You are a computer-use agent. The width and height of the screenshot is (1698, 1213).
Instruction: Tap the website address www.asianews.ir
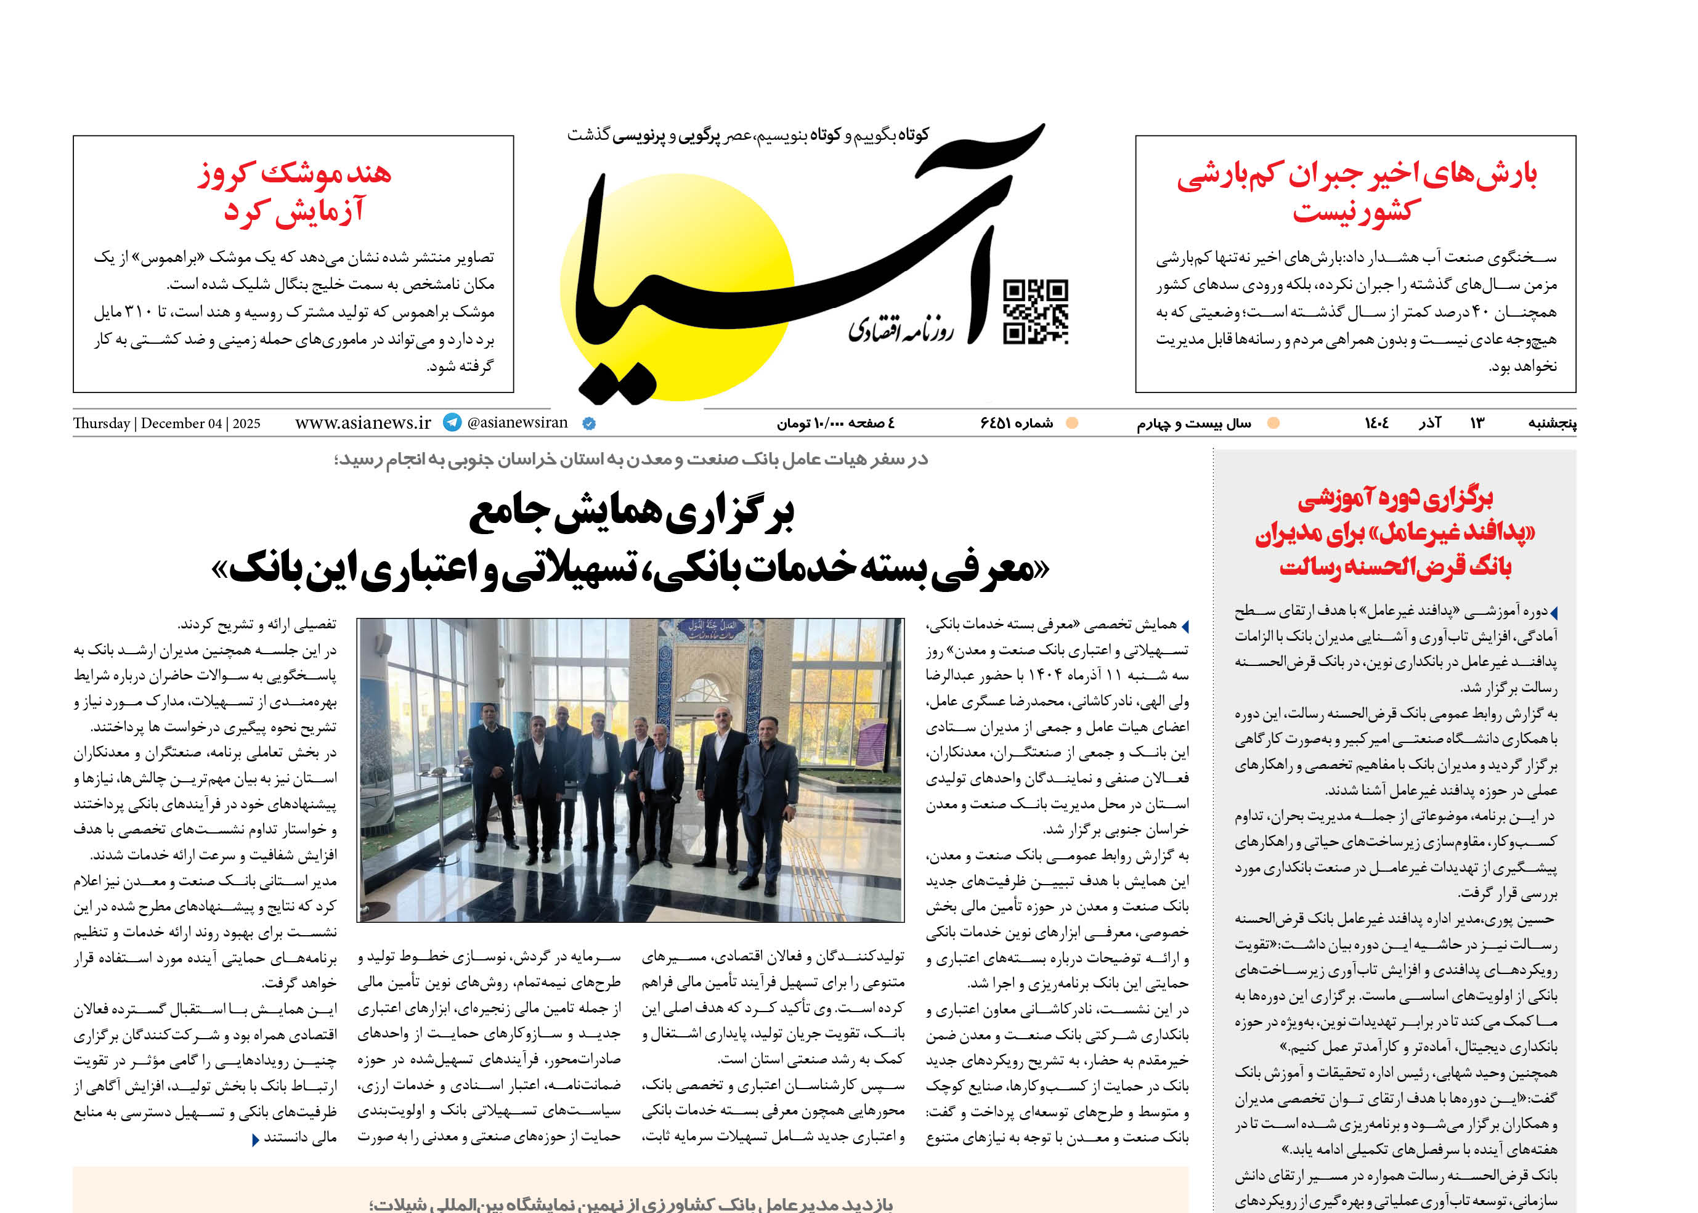pyautogui.click(x=363, y=423)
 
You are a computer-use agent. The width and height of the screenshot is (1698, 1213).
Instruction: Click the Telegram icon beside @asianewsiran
pyautogui.click(x=452, y=423)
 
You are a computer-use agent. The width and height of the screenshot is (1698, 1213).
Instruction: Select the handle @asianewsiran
pyautogui.click(x=517, y=423)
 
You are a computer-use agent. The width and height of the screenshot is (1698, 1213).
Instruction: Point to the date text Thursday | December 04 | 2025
pyautogui.click(x=166, y=423)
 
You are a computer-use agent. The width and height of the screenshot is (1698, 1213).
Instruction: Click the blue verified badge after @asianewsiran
pyautogui.click(x=588, y=423)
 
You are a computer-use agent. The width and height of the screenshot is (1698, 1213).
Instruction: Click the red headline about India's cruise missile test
pyautogui.click(x=295, y=193)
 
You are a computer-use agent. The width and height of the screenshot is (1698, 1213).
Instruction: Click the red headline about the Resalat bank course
pyautogui.click(x=1395, y=532)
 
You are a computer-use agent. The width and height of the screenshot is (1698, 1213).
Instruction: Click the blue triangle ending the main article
pyautogui.click(x=256, y=1140)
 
